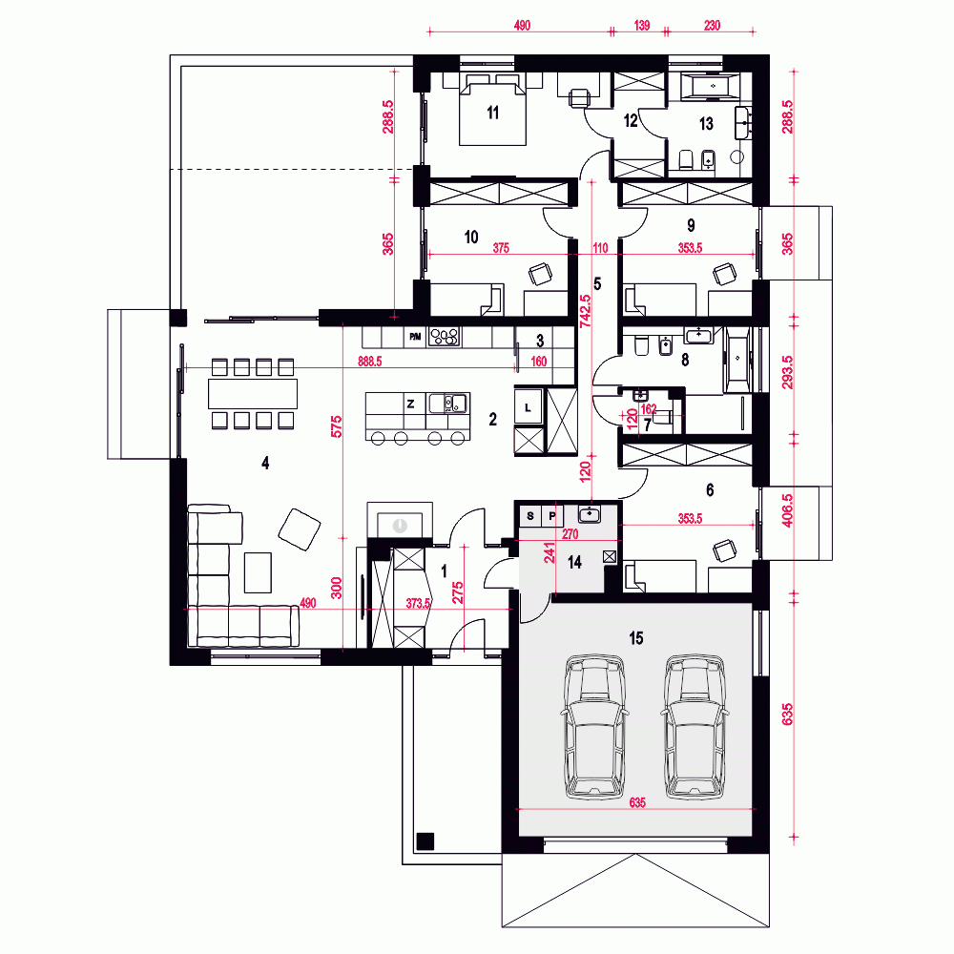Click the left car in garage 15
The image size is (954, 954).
pos(595,726)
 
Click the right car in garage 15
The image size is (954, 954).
pos(695,726)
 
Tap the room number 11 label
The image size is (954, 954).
pos(493,113)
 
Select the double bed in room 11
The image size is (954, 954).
pos(492,110)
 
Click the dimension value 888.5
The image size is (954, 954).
pos(370,362)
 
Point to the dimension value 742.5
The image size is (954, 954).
pos(586,312)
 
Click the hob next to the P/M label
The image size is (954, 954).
pos(445,337)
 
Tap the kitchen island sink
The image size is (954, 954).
pos(447,404)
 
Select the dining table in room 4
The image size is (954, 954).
pos(253,394)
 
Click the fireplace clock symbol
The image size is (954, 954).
pos(400,525)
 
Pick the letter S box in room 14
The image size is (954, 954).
pos(530,516)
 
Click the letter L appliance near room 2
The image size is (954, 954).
pos(529,407)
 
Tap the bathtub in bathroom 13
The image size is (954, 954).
pos(710,86)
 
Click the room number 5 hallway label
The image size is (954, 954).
pos(597,284)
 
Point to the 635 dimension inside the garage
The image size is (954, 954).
pos(637,802)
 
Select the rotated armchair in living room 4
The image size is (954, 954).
pos(300,529)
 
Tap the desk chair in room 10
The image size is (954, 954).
pos(540,273)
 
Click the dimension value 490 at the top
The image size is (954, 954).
pos(522,25)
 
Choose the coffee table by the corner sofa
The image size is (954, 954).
pos(258,571)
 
